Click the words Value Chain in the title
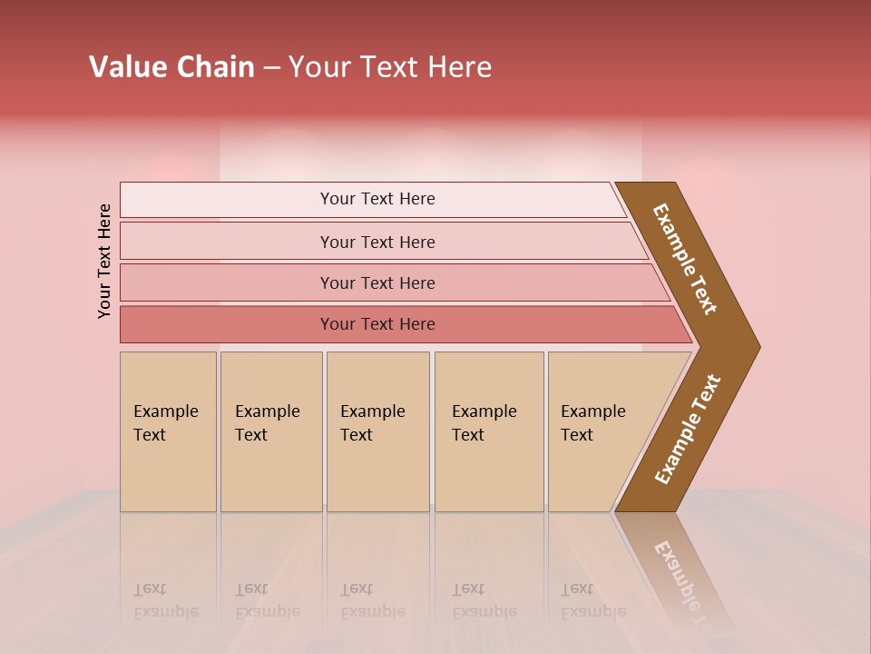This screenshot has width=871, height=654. (x=171, y=67)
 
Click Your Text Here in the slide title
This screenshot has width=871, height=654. (x=390, y=67)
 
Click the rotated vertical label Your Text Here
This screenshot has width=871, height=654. (x=104, y=261)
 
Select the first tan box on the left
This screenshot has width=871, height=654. (x=168, y=431)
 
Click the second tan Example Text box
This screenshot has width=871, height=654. (x=270, y=431)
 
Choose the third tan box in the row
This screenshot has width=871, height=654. (x=377, y=431)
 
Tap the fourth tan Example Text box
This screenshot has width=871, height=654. (x=488, y=431)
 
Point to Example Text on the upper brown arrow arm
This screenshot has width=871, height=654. (x=685, y=259)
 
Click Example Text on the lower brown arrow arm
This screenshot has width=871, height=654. (x=688, y=430)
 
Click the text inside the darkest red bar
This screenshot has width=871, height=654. (x=377, y=324)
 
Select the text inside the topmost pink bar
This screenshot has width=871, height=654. (x=377, y=199)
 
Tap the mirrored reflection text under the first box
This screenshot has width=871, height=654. (x=165, y=600)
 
